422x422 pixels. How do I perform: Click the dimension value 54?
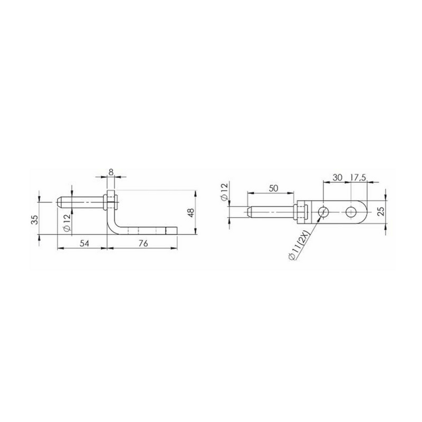84,243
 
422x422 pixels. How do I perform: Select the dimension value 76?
143,243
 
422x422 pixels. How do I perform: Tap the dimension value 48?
191,213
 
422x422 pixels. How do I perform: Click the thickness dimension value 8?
111,172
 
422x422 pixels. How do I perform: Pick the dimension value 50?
273,188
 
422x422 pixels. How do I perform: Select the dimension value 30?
337,177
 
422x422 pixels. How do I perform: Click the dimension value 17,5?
358,177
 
